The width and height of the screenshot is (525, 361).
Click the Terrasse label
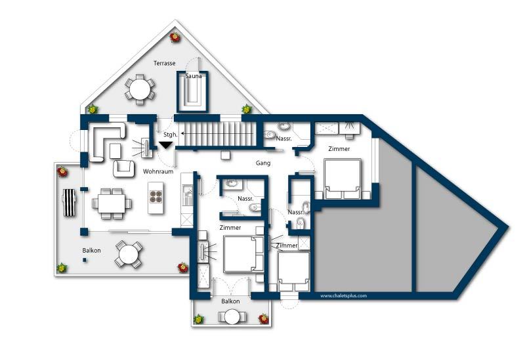pyautogui.click(x=165, y=63)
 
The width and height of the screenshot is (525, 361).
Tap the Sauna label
pyautogui.click(x=194, y=76)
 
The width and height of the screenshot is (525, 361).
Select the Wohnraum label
pyautogui.click(x=158, y=171)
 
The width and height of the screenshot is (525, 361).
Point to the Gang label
pyautogui.click(x=263, y=163)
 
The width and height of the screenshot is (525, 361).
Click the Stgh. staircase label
pyautogui.click(x=171, y=135)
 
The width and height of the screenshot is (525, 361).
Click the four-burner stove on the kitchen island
pyautogui.click(x=156, y=197)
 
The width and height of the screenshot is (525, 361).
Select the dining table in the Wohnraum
pyautogui.click(x=112, y=203)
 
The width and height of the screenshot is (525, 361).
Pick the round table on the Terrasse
pyautogui.click(x=140, y=89)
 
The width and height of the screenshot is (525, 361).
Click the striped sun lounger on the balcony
pyautogui.click(x=70, y=202)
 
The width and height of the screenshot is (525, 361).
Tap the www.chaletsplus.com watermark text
pyautogui.click(x=343, y=296)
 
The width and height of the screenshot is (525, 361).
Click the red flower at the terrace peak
pyautogui.click(x=175, y=37)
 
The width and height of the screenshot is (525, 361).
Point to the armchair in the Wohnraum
pyautogui.click(x=123, y=168)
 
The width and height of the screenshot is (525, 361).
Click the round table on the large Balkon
pyautogui.click(x=129, y=254)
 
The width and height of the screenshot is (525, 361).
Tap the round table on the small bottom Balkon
pyautogui.click(x=232, y=317)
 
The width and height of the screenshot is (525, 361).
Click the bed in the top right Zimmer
pyautogui.click(x=343, y=179)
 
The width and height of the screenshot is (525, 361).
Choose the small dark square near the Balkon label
pyautogui.click(x=85, y=259)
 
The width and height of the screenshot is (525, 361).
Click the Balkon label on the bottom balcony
pyautogui.click(x=230, y=301)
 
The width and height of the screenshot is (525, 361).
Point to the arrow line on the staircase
pyautogui.click(x=217, y=134)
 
